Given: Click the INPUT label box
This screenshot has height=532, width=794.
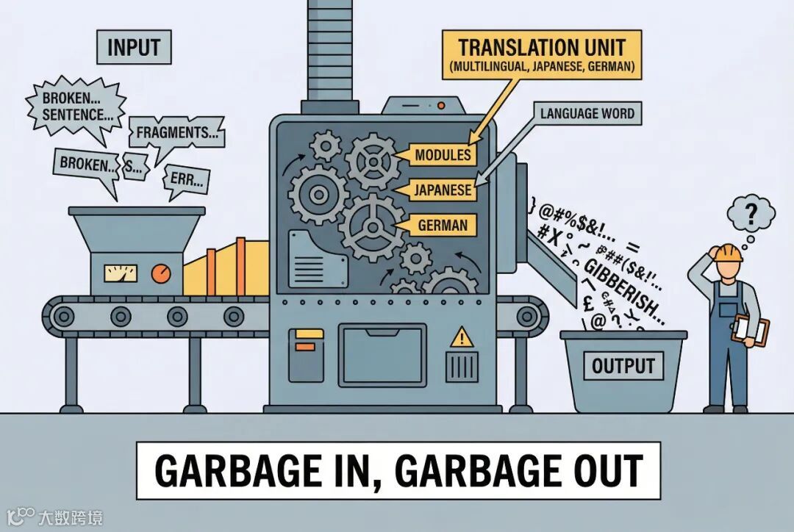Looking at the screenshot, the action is pyautogui.click(x=134, y=48).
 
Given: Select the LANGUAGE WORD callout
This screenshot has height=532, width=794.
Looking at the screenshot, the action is pyautogui.click(x=587, y=114).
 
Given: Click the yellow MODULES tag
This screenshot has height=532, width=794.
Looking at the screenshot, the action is pyautogui.click(x=442, y=155).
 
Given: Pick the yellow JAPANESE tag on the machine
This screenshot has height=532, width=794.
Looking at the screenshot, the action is pyautogui.click(x=442, y=190).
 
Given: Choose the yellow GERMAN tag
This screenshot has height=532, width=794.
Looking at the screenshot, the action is pyautogui.click(x=442, y=225).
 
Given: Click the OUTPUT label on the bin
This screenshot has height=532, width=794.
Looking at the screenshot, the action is pyautogui.click(x=623, y=365).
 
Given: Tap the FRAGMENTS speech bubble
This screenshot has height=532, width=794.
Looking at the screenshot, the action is pyautogui.click(x=177, y=134).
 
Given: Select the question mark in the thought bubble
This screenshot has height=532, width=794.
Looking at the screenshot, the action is pyautogui.click(x=750, y=214).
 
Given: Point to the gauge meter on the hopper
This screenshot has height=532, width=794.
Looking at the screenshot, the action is pyautogui.click(x=121, y=274).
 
